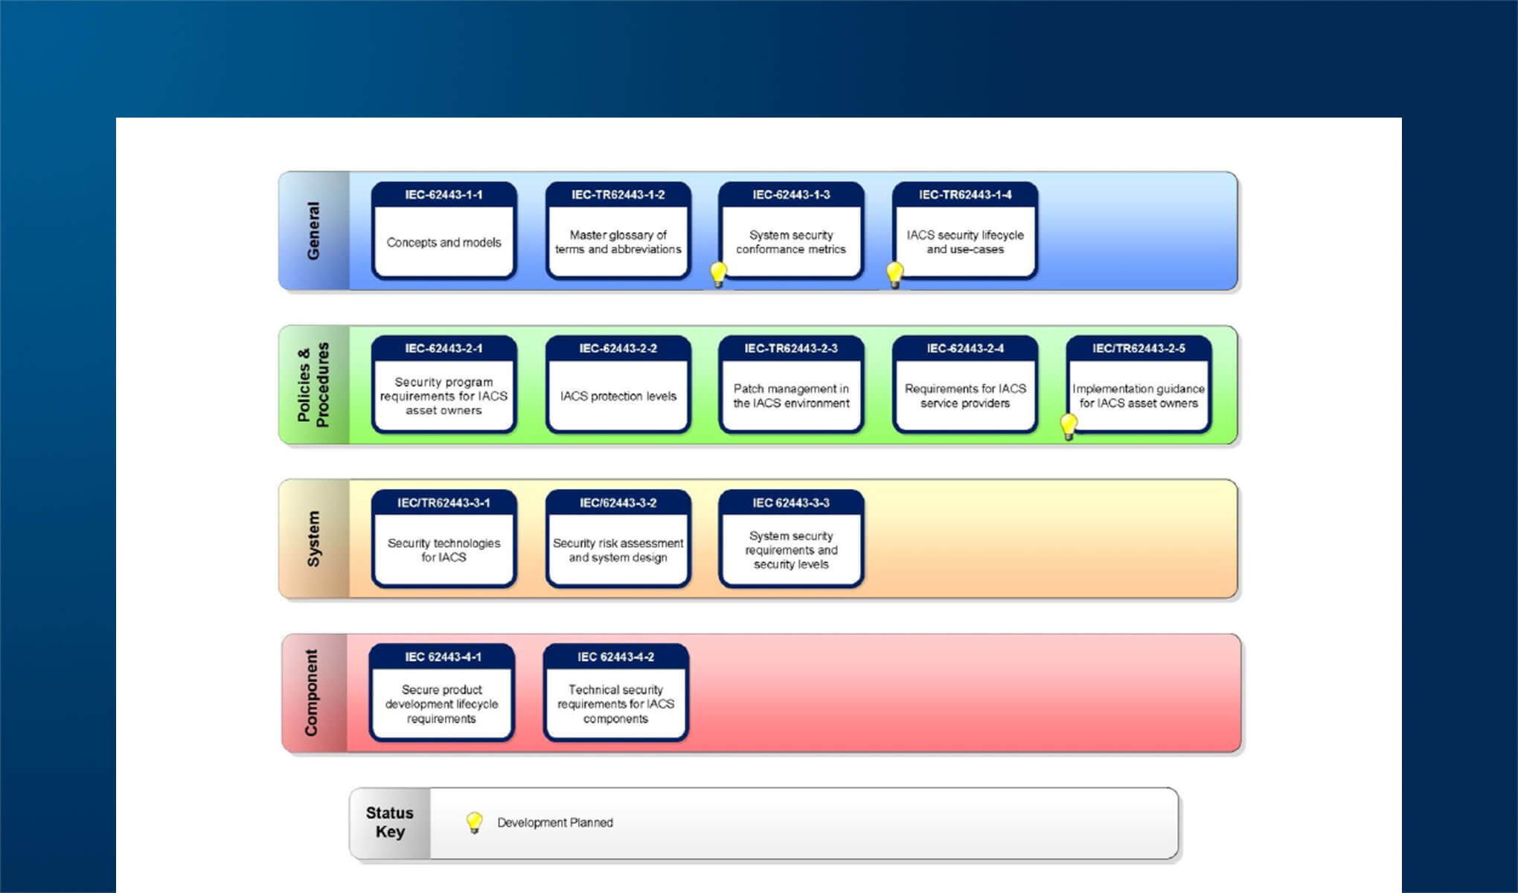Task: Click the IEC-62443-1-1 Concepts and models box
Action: [443, 232]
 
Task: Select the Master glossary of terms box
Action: [618, 232]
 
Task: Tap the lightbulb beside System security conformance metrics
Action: [718, 274]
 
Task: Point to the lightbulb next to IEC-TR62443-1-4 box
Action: [894, 274]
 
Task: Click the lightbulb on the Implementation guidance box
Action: [1069, 426]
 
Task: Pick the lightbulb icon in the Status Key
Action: [474, 822]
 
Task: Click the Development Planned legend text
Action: [555, 823]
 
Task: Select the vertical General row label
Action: [313, 231]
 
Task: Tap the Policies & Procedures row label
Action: [313, 385]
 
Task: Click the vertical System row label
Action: [313, 539]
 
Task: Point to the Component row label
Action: [311, 693]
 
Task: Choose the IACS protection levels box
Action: [618, 387]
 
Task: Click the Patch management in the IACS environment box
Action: [791, 387]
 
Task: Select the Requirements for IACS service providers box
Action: [965, 387]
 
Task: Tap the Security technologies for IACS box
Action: [443, 541]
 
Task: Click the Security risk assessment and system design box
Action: [618, 541]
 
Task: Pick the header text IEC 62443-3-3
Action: [791, 503]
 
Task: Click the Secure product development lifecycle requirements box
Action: [441, 695]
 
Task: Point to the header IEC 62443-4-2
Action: [615, 657]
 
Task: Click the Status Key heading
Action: [389, 822]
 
